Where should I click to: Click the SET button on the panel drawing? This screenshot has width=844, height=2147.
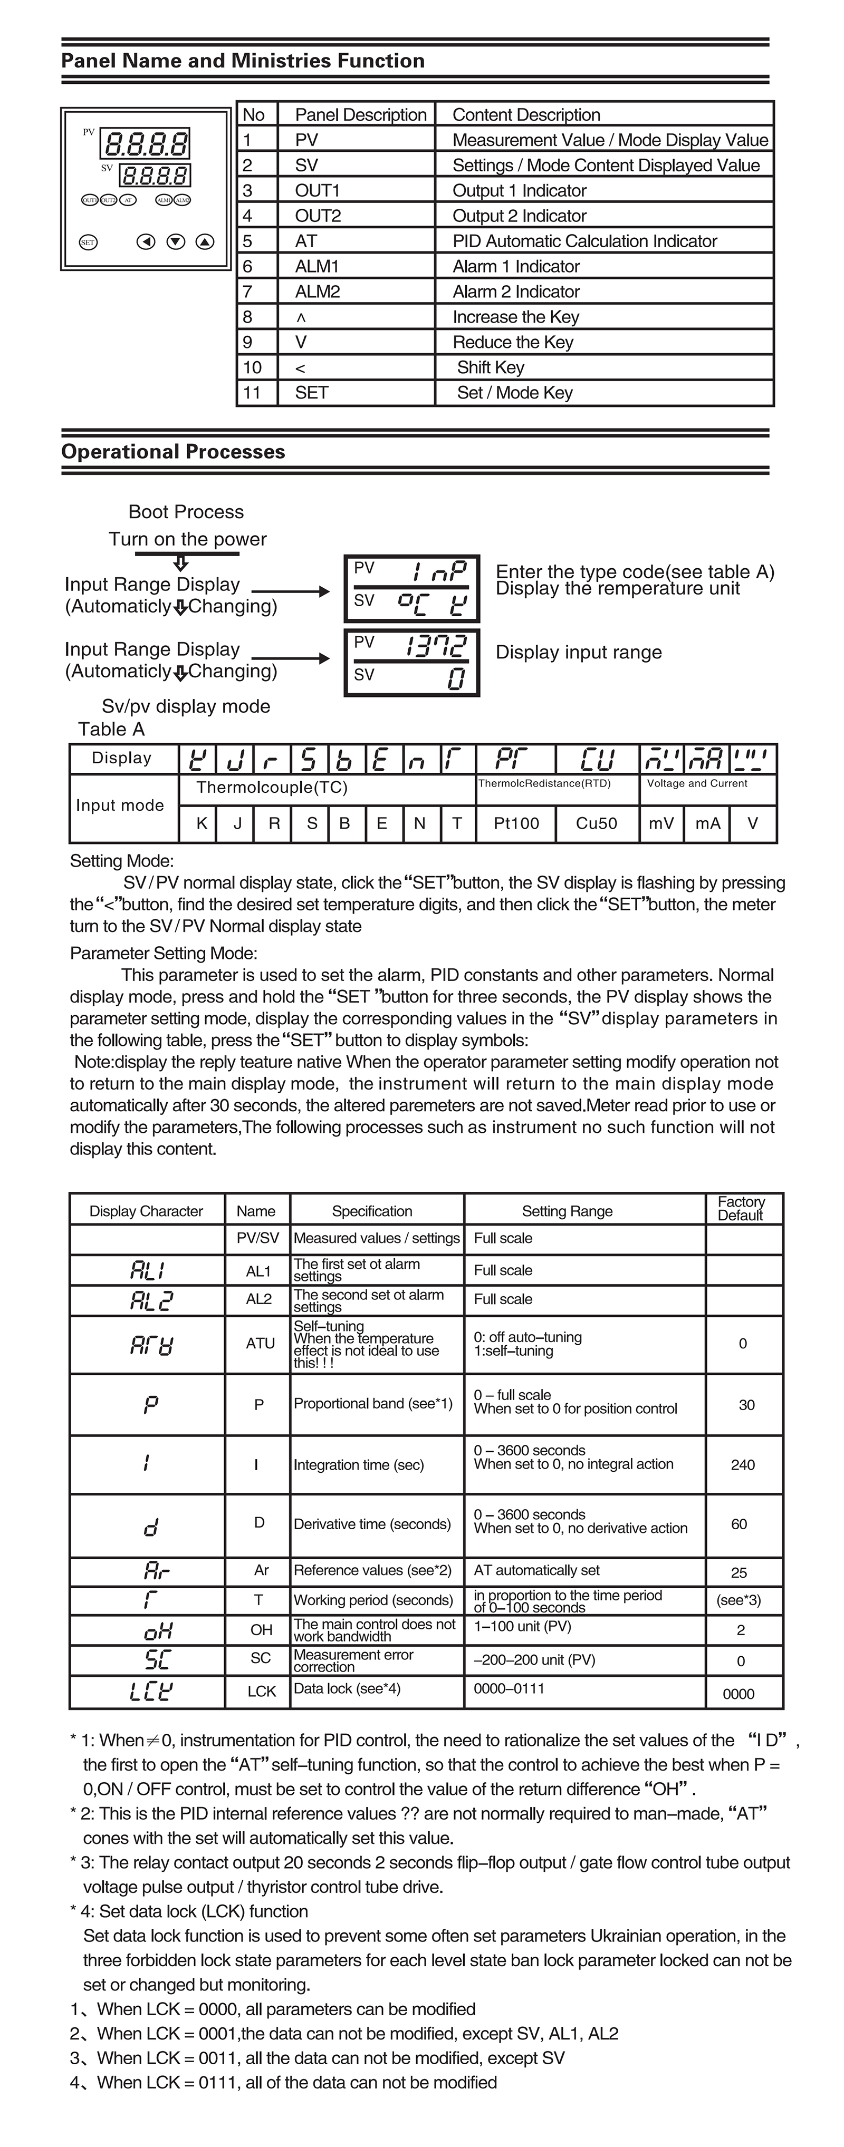click(88, 242)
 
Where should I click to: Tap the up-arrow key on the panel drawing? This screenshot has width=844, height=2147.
click(204, 242)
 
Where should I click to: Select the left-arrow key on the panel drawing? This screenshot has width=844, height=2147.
click(146, 242)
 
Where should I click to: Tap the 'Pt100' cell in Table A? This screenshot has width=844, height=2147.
click(516, 823)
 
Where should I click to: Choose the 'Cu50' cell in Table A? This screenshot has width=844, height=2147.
click(596, 823)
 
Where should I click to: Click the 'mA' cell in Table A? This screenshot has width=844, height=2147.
click(707, 823)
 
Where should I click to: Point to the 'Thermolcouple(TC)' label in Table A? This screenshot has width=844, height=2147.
click(272, 788)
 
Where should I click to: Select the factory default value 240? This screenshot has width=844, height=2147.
click(742, 1464)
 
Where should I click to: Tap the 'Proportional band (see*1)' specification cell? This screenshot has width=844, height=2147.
click(373, 1404)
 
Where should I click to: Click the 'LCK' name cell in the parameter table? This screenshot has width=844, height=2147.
click(261, 1691)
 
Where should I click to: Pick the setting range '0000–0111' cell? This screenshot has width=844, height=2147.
click(509, 1688)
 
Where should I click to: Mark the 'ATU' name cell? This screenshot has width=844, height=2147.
click(260, 1344)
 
